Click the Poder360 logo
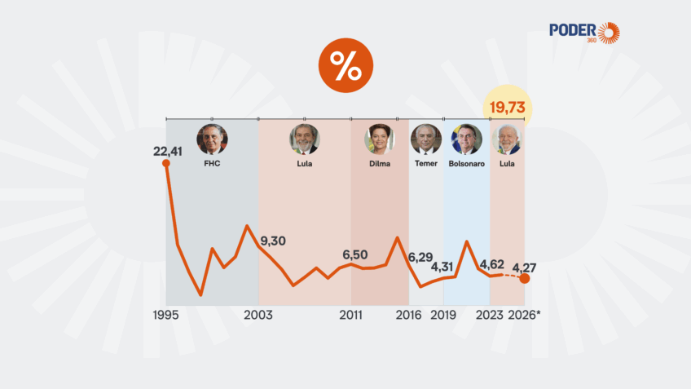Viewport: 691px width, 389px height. coord(584,33)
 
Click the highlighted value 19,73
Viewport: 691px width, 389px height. coord(506,108)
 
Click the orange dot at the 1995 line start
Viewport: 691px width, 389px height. coord(166,163)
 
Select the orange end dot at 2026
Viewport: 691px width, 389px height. coord(525,279)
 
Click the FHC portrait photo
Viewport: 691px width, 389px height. coord(212,139)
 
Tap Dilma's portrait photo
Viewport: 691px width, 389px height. coord(379,139)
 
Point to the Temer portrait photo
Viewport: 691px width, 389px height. coord(425,139)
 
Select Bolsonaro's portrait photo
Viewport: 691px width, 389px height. coord(466,139)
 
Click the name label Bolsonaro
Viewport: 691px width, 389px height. coord(466,164)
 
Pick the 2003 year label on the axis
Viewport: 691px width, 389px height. coord(258,315)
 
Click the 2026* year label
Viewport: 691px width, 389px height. coord(525,315)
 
